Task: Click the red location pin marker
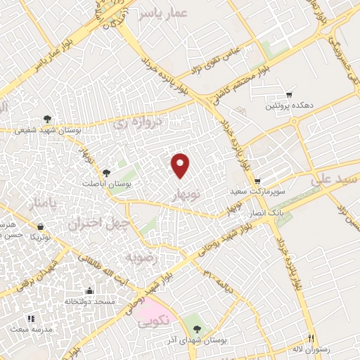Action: pos(181,165)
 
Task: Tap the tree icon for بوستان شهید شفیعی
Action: pos(47,119)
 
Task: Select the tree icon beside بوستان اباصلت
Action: pos(106,172)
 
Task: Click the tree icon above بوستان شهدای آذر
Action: pos(197,328)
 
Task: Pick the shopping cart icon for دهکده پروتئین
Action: pos(288,95)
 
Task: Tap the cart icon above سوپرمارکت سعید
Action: pos(257,180)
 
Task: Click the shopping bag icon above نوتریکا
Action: pos(40,226)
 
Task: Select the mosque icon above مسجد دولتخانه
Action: pos(89,291)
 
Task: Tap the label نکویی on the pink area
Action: pos(153,323)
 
